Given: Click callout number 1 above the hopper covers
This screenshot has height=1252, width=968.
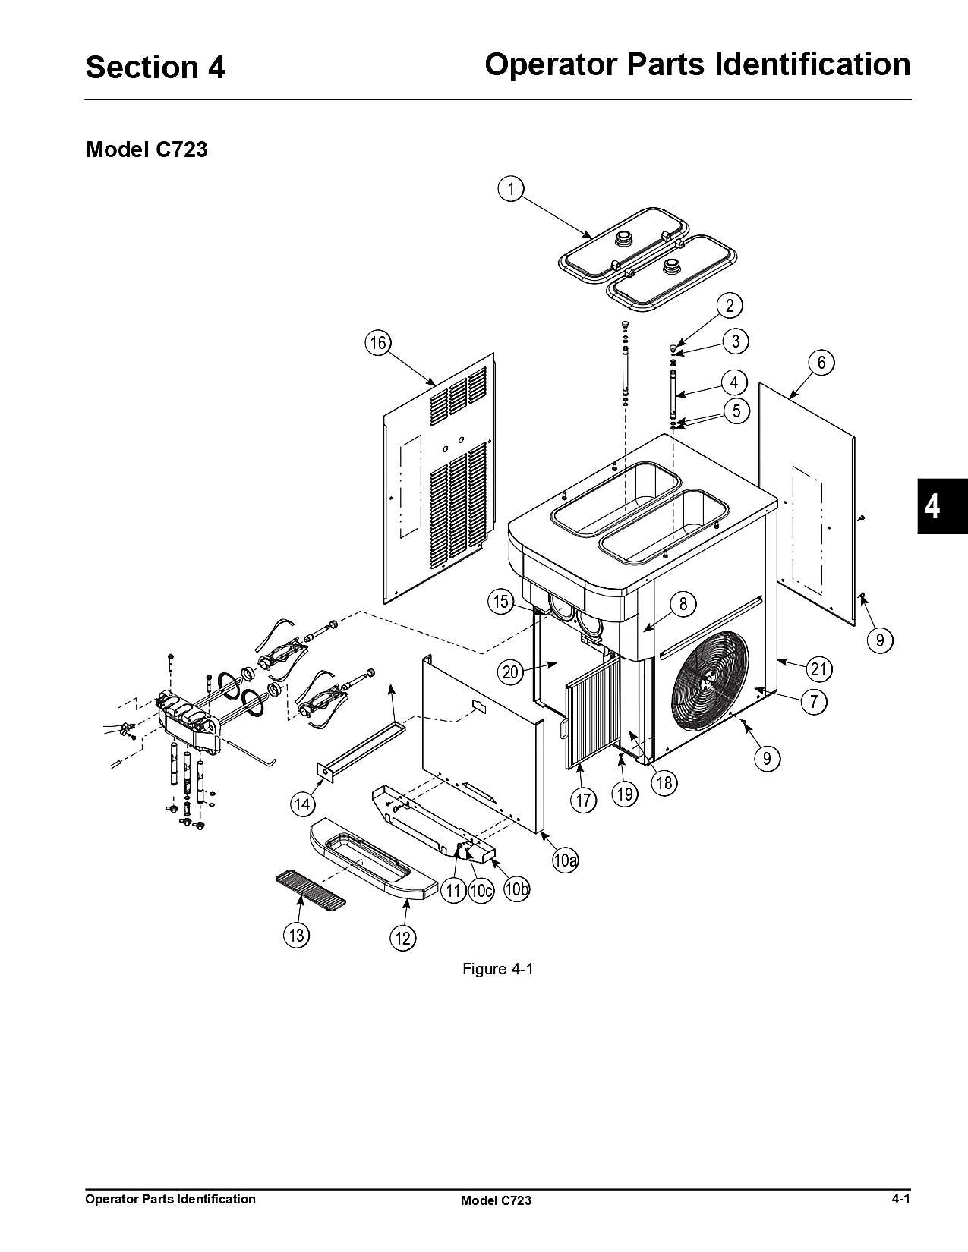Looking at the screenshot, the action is pos(510,189).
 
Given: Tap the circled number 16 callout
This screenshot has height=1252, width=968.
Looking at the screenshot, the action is pos(377,344).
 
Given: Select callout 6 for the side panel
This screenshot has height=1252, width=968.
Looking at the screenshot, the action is pos(821,363).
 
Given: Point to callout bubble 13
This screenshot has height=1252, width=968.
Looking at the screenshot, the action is pos(296,935).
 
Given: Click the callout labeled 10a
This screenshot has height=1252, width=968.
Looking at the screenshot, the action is pos(566,860).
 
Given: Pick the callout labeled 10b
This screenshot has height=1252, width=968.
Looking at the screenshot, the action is pos(516,889).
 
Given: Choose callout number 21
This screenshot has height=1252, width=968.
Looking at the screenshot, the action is pos(818,669).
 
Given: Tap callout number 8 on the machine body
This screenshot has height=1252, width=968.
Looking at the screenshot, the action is pos(683,604).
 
